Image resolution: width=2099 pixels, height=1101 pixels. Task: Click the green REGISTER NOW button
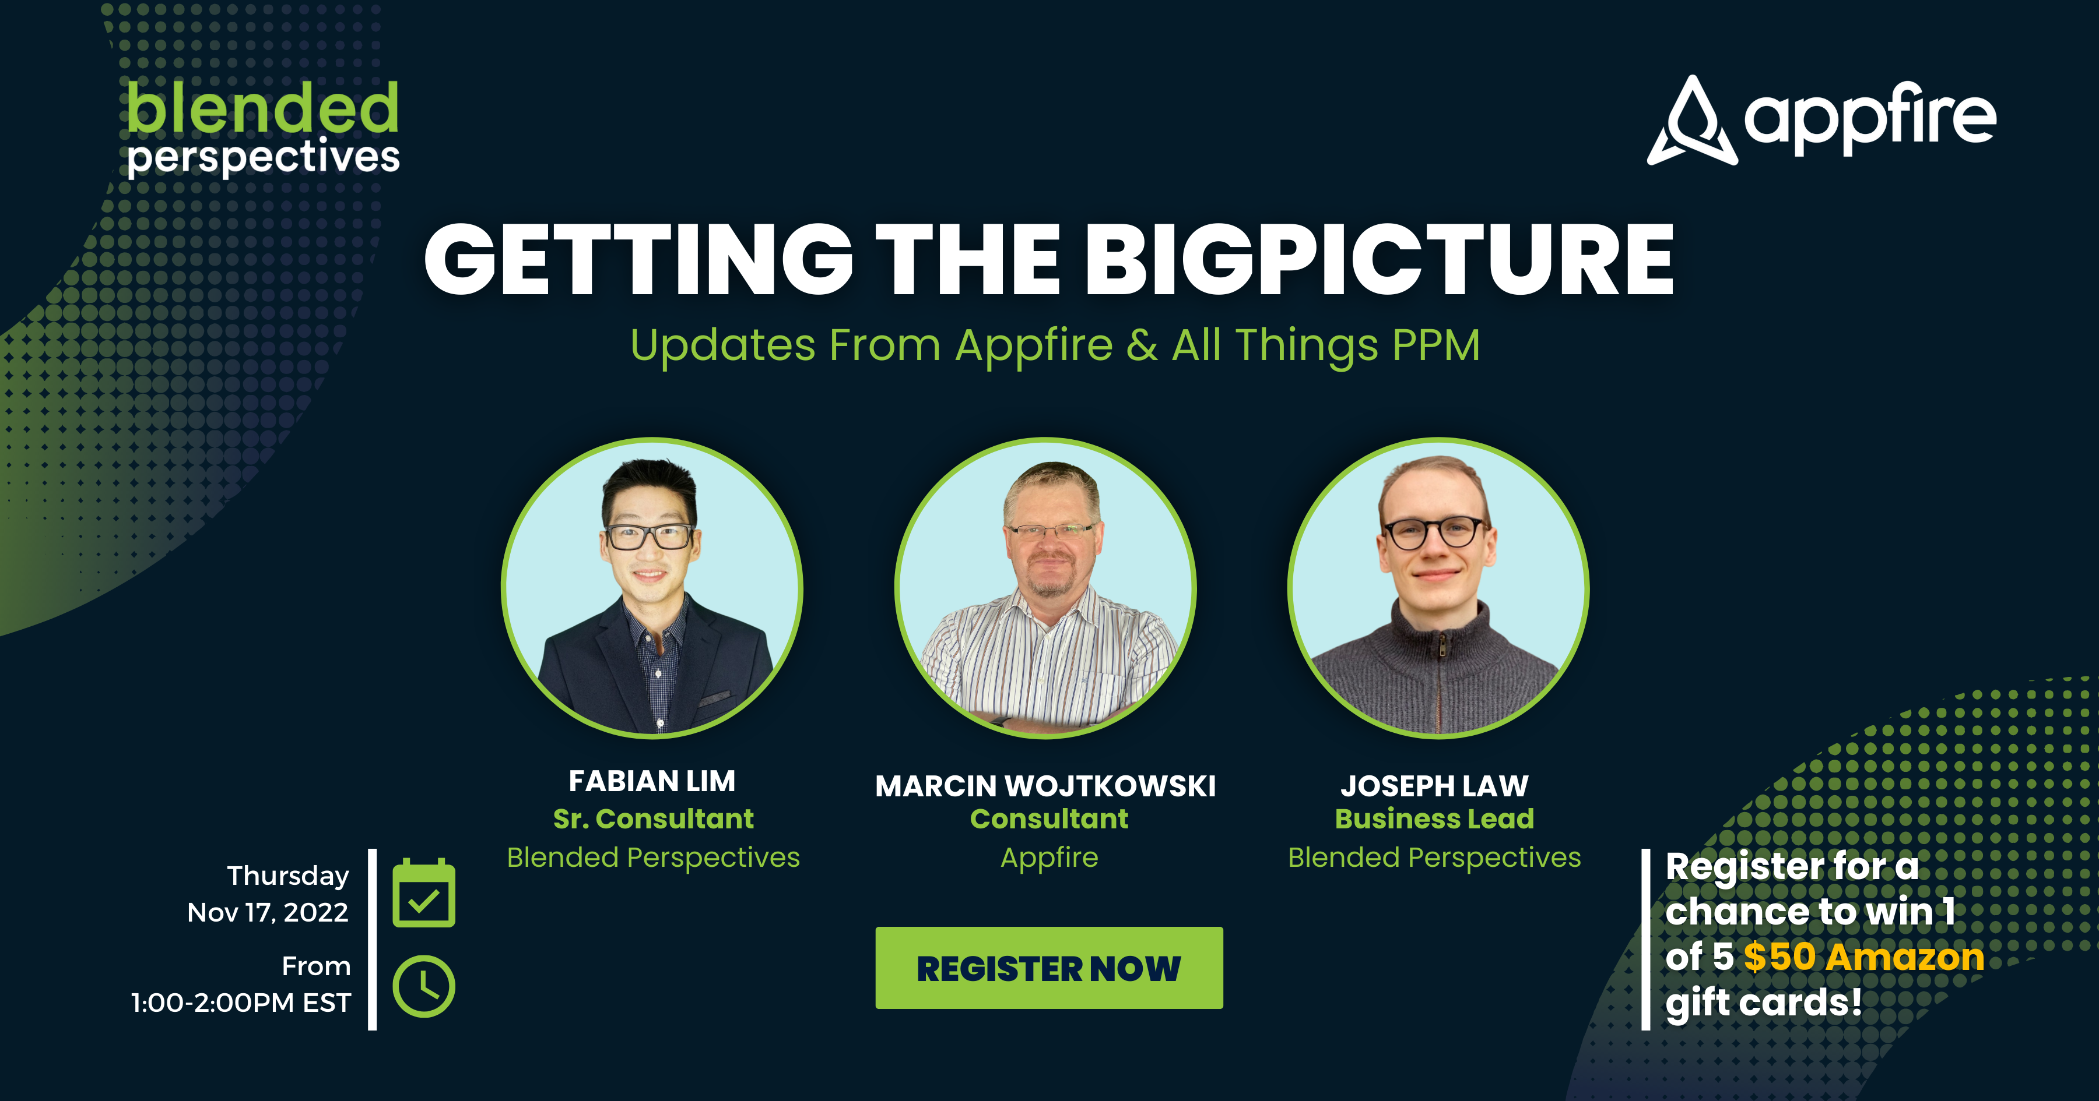pyautogui.click(x=1049, y=968)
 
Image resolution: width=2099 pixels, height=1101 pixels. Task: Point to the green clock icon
pyautogui.click(x=424, y=986)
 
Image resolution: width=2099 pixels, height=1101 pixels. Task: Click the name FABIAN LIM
pyautogui.click(x=652, y=781)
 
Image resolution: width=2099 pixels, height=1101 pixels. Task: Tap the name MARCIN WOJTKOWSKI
pyautogui.click(x=1045, y=786)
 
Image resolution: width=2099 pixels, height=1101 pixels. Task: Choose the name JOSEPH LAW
pyautogui.click(x=1435, y=786)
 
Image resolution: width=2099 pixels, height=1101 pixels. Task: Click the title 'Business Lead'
pyautogui.click(x=1434, y=818)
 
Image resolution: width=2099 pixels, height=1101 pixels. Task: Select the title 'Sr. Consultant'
pyautogui.click(x=654, y=818)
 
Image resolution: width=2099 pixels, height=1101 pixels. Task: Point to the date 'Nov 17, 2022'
pyautogui.click(x=268, y=912)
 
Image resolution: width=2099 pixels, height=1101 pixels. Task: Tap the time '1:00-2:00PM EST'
pyautogui.click(x=241, y=1003)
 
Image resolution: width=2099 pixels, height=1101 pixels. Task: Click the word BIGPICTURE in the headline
pyautogui.click(x=1379, y=259)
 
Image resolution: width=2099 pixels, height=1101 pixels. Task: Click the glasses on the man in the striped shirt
pyautogui.click(x=1051, y=531)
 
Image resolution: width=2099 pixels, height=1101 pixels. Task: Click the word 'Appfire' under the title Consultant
pyautogui.click(x=1049, y=858)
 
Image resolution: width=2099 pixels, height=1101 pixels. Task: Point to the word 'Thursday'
pyautogui.click(x=287, y=876)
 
